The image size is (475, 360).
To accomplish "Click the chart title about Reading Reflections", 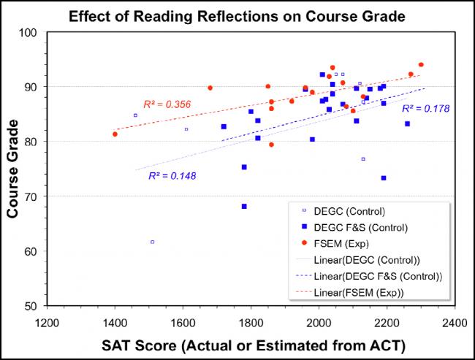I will (237, 16).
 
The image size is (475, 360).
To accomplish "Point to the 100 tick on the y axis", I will (30, 33).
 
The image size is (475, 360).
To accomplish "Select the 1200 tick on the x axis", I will (47, 321).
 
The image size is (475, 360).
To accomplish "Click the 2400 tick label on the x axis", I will (455, 321).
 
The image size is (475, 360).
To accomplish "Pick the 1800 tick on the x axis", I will (251, 321).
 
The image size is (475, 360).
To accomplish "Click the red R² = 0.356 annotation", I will (167, 104).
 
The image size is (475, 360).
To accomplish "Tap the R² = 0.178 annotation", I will (425, 108).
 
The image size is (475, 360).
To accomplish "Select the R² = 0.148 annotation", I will (172, 175).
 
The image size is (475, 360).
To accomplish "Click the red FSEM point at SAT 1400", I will (115, 134).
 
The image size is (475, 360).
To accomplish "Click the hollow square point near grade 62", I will (153, 242).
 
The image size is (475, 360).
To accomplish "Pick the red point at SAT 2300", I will (421, 65).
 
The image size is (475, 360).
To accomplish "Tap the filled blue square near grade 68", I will (244, 206).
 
